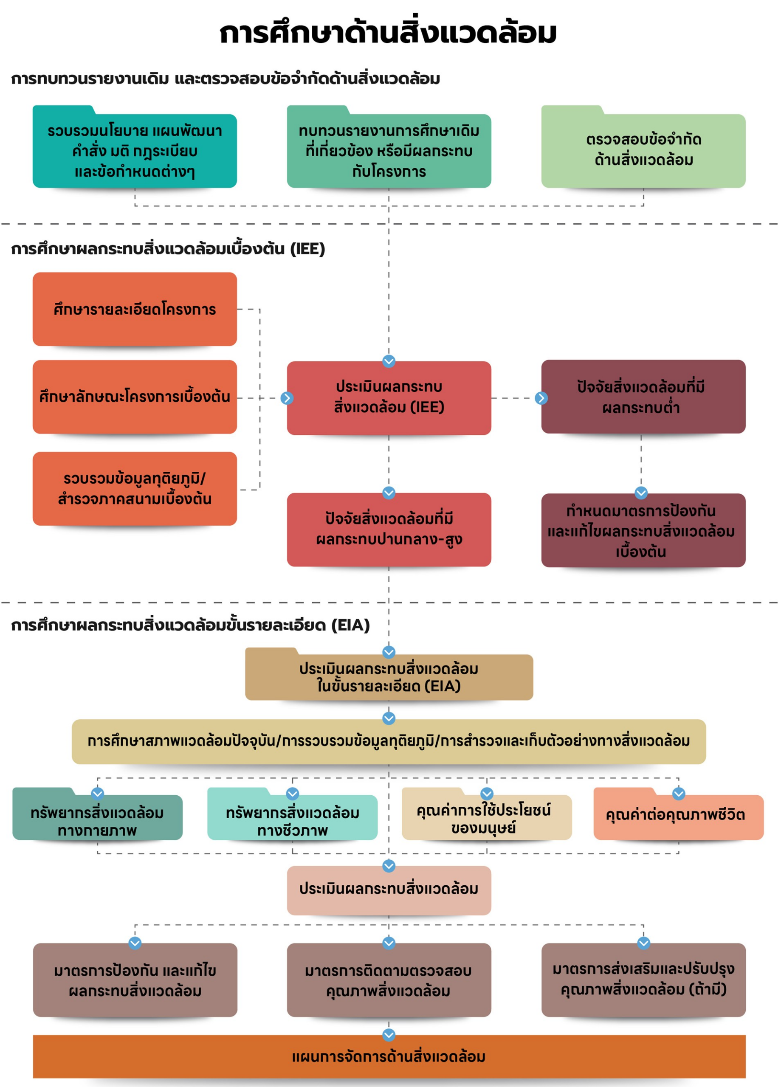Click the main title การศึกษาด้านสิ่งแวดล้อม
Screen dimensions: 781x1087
388,33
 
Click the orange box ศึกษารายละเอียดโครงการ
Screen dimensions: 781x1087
135,309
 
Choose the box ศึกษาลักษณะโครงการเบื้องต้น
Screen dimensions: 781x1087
135,397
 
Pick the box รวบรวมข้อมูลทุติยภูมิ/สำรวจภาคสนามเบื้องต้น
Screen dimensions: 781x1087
135,488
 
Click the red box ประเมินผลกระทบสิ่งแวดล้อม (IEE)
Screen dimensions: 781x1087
389,398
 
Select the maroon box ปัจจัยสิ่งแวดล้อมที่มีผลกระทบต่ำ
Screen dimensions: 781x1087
643,397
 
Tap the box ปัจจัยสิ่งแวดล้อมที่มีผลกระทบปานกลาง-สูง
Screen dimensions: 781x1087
389,529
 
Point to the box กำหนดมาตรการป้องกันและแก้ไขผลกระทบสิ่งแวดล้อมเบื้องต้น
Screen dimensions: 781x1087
643,531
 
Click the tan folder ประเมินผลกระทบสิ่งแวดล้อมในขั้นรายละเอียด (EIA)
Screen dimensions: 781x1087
389,674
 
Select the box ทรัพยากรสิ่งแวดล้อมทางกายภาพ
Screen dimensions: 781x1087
97,814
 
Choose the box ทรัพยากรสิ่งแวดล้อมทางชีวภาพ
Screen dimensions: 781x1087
293,814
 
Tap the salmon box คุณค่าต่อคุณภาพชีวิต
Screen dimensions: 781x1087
678,814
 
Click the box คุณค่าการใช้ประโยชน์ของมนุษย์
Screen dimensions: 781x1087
487,814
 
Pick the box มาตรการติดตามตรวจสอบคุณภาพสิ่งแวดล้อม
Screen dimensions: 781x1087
389,980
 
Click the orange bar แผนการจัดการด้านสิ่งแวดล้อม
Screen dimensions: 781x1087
389,1057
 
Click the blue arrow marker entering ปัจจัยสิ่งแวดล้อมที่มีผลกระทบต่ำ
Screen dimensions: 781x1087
541,398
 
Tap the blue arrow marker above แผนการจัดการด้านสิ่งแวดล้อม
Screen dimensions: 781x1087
389,1035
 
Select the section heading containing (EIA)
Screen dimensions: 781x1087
190,625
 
